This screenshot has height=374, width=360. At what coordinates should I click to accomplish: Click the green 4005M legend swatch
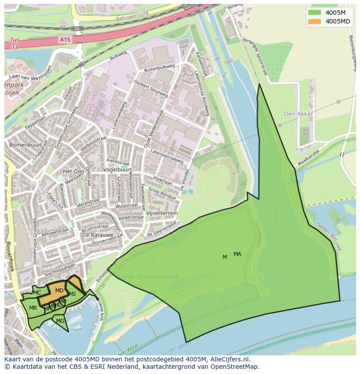314,12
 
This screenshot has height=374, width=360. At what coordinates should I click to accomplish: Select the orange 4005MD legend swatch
314,21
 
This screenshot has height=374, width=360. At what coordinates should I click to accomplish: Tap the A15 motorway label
65,40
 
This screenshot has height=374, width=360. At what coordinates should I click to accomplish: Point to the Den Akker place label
298,114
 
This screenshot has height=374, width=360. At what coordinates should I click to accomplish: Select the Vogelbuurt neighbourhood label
117,169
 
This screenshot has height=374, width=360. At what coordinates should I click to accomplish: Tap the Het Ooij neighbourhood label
73,171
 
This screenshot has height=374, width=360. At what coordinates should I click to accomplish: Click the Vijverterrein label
162,213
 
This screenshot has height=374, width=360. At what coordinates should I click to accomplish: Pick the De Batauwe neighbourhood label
94,235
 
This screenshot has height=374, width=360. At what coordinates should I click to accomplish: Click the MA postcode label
237,254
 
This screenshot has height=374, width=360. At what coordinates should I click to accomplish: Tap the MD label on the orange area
59,291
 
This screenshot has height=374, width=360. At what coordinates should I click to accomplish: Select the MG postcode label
60,321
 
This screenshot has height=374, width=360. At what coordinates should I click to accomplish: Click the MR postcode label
33,308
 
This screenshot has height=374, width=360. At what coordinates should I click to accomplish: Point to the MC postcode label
37,293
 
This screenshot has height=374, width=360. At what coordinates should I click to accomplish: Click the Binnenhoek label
10,256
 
